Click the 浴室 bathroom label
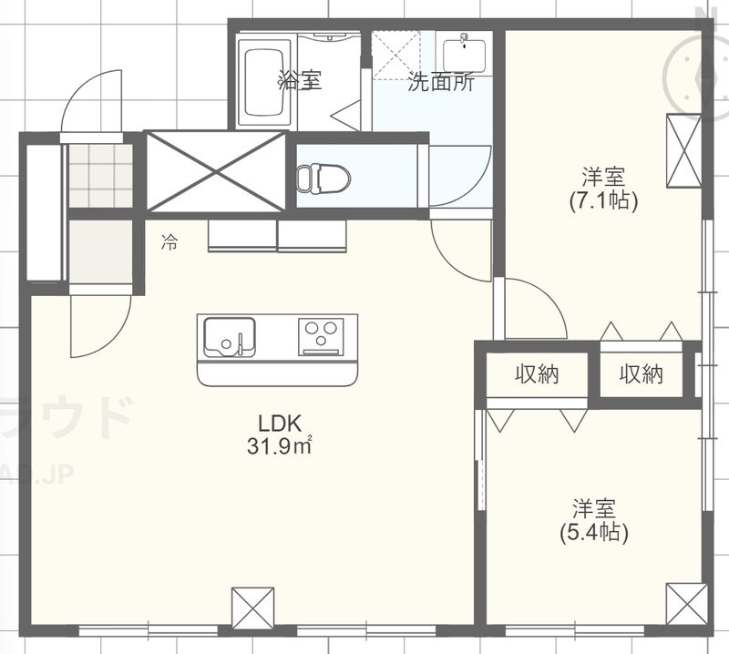(300, 80)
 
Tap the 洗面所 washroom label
(440, 82)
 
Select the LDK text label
(279, 424)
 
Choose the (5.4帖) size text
(593, 531)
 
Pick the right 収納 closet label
(642, 373)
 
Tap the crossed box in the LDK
(252, 606)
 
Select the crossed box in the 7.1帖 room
(680, 149)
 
